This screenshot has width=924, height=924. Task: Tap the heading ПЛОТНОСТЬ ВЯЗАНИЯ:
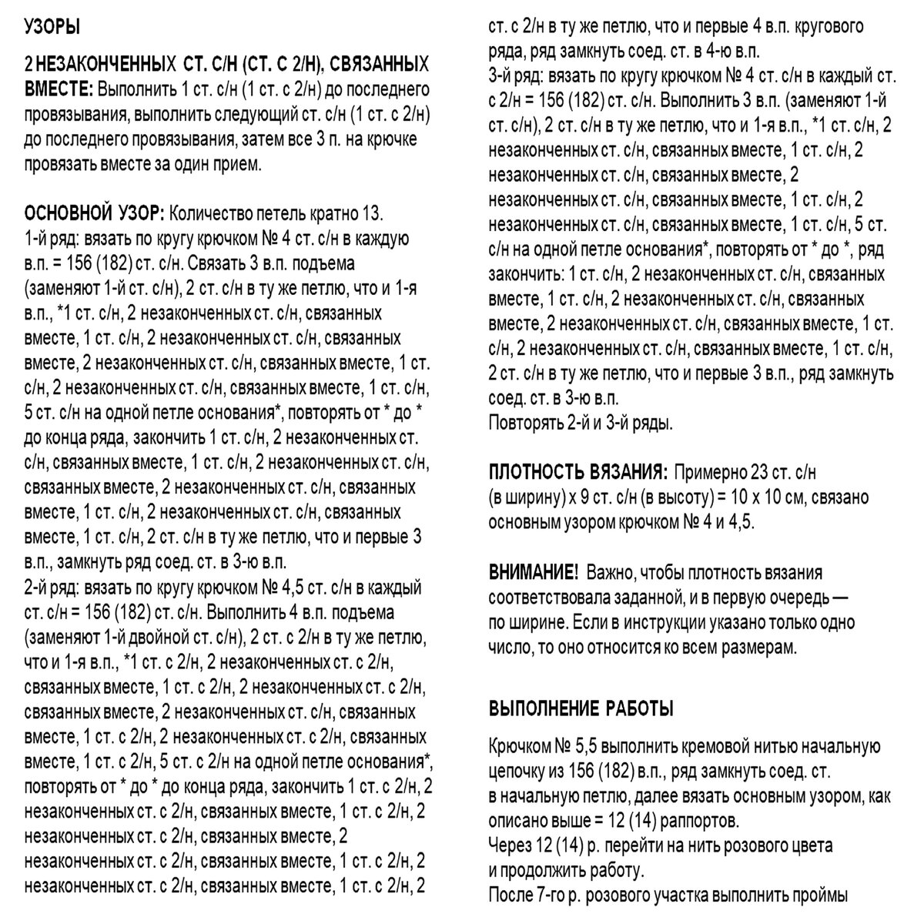click(577, 472)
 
